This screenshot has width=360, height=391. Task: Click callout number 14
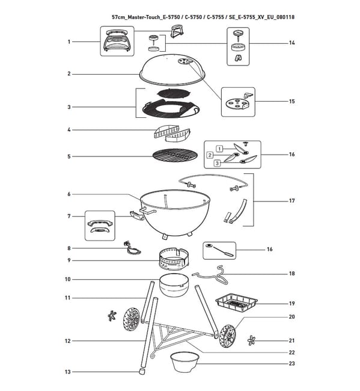pyautogui.click(x=291, y=43)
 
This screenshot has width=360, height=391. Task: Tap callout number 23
pyautogui.click(x=291, y=363)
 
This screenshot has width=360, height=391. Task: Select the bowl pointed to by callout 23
pyautogui.click(x=185, y=362)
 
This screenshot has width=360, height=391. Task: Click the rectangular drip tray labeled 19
pyautogui.click(x=236, y=303)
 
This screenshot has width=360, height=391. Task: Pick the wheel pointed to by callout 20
pyautogui.click(x=228, y=336)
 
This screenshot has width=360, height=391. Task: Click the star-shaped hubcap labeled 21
pyautogui.click(x=252, y=340)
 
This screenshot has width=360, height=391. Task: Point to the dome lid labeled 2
pyautogui.click(x=172, y=69)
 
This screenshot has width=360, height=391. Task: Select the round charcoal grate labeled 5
pyautogui.click(x=175, y=156)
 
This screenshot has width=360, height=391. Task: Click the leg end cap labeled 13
pyautogui.click(x=142, y=372)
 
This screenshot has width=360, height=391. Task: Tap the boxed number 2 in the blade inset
pyautogui.click(x=210, y=155)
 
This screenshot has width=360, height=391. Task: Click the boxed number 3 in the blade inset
pyautogui.click(x=217, y=163)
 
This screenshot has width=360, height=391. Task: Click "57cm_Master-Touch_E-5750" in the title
pyautogui.click(x=146, y=17)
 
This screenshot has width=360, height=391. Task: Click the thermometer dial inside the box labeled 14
pyautogui.click(x=237, y=32)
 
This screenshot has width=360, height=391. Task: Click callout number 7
pyautogui.click(x=69, y=216)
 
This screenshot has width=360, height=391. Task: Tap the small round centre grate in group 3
pyautogui.click(x=174, y=94)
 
